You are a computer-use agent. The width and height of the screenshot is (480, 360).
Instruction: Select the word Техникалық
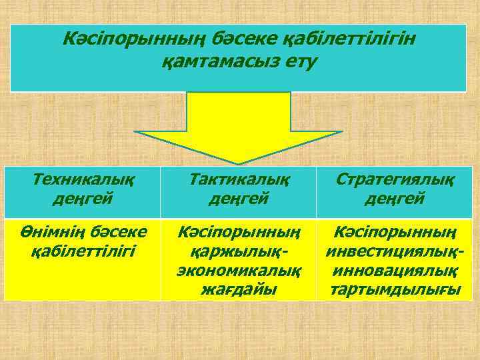coord(83,179)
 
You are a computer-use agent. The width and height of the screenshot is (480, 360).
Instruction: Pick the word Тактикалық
coord(239,179)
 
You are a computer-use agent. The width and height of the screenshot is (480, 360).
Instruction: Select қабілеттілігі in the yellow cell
coord(83,251)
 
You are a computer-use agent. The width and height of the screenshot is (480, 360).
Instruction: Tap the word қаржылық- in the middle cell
coord(239,252)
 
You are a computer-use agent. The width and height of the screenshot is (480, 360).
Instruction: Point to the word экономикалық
coord(239,271)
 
